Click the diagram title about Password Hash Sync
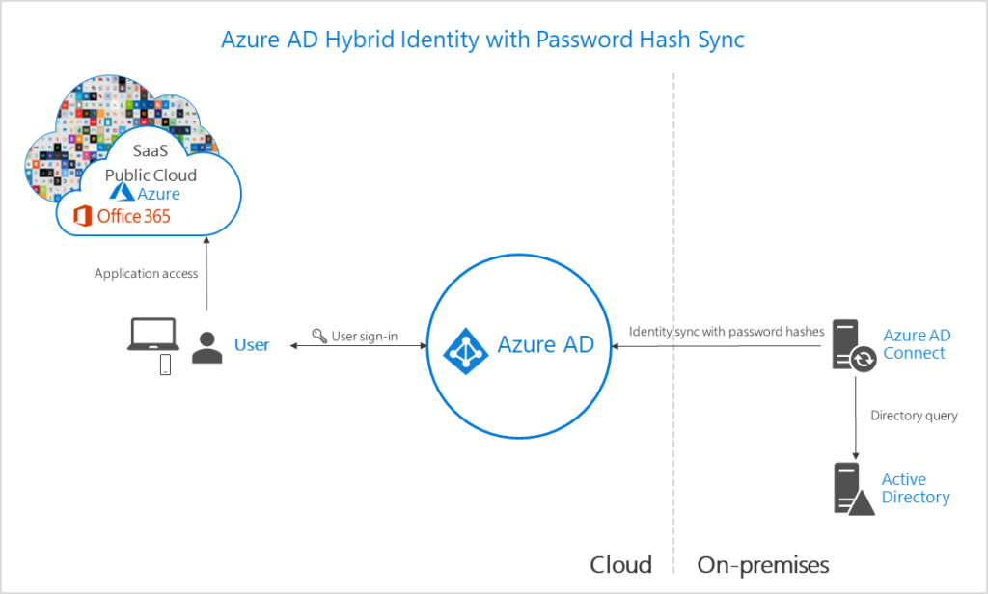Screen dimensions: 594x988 482,40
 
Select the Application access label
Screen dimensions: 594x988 146,273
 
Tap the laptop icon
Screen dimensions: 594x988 154,335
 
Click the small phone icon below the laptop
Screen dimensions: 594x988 165,364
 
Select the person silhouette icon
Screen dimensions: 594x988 206,346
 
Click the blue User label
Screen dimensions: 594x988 252,344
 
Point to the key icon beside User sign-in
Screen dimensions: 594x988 319,337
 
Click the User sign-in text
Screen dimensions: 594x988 365,337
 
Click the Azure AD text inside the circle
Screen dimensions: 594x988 545,344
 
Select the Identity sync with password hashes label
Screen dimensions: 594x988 727,331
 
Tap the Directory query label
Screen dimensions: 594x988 914,416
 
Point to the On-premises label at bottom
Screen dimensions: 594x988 762,564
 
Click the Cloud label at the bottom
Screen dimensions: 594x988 620,564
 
